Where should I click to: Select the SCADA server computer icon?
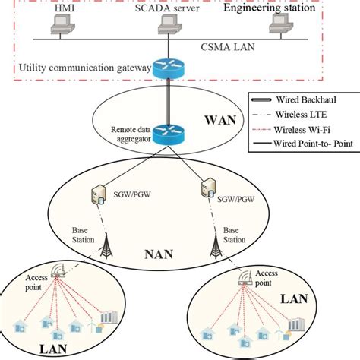pyautogui.click(x=166, y=27)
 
